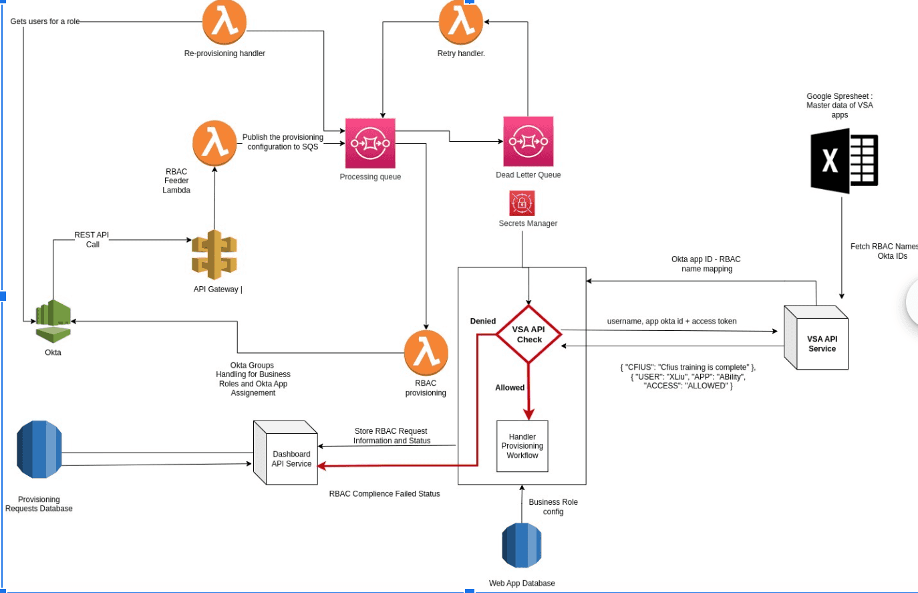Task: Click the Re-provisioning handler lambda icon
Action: tap(224, 22)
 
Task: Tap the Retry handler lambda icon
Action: tap(461, 22)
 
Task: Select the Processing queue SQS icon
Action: tap(370, 143)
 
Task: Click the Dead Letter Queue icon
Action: tap(528, 142)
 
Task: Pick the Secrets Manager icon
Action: tap(522, 203)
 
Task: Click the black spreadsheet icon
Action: tap(845, 160)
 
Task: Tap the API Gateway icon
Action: tap(214, 255)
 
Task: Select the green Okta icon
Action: tap(53, 321)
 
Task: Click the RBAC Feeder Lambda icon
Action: tap(214, 143)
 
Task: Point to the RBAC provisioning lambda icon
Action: tap(426, 353)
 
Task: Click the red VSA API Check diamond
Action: tap(528, 334)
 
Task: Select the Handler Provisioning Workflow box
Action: tap(522, 446)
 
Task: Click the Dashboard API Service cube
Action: tap(286, 453)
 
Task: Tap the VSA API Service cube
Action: tap(816, 338)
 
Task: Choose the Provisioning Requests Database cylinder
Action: tap(39, 449)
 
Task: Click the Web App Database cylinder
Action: tap(522, 546)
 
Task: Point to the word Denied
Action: tap(483, 321)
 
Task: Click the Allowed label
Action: tap(510, 388)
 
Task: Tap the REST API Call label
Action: tap(92, 239)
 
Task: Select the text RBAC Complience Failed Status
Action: tap(384, 494)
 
